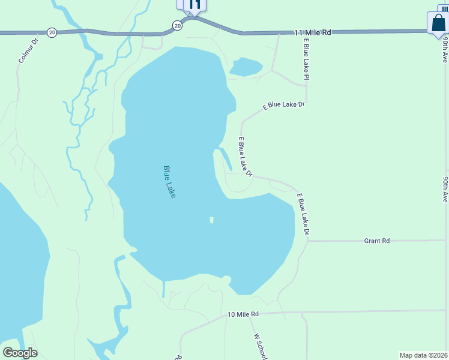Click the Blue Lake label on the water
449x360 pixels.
(x=169, y=182)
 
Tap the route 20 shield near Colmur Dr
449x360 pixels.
(x=52, y=32)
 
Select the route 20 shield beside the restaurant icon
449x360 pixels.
(x=176, y=25)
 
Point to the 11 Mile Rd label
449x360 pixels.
(x=313, y=32)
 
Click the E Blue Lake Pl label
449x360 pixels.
(x=306, y=59)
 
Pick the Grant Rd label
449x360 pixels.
(x=377, y=241)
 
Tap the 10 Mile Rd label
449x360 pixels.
(x=243, y=314)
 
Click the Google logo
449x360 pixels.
(x=20, y=353)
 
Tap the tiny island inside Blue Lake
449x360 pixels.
(x=211, y=220)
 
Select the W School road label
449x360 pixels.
(x=260, y=346)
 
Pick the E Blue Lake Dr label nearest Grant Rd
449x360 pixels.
(x=303, y=214)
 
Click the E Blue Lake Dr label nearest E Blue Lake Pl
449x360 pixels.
(x=284, y=106)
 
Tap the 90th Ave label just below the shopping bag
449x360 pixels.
(x=445, y=50)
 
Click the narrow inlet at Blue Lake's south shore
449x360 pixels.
(x=163, y=289)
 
